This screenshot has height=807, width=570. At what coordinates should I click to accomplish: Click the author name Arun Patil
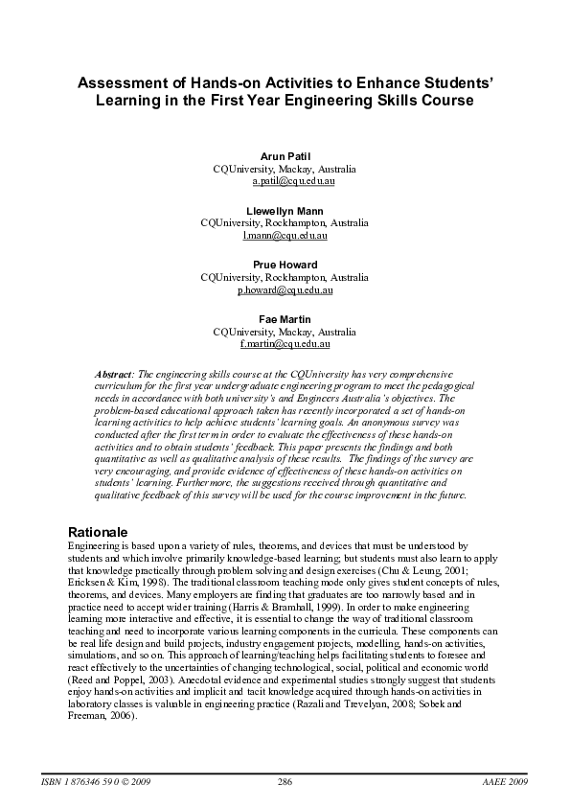285,155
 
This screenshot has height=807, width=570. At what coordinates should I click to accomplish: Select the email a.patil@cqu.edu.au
285,180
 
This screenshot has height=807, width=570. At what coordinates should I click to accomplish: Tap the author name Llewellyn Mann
285,210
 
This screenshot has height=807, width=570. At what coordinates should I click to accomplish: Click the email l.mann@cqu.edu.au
285,235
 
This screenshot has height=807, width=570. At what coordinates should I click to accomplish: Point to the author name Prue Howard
285,265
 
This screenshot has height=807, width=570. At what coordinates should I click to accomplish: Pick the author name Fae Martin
285,318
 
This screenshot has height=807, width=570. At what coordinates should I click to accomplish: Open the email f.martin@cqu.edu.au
285,343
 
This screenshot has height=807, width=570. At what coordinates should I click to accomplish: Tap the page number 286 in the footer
285,783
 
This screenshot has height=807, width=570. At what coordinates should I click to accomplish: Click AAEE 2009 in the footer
507,783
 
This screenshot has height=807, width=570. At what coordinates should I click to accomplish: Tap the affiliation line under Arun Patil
285,168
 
